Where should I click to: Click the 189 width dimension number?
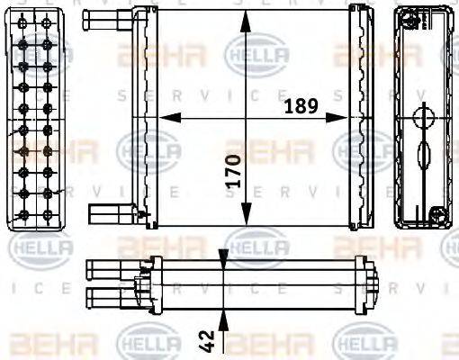pos(301,105)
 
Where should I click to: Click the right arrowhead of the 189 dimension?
pos(346,117)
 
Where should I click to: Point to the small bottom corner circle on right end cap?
pos(438,214)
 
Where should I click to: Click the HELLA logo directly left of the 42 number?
pos(144,342)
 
